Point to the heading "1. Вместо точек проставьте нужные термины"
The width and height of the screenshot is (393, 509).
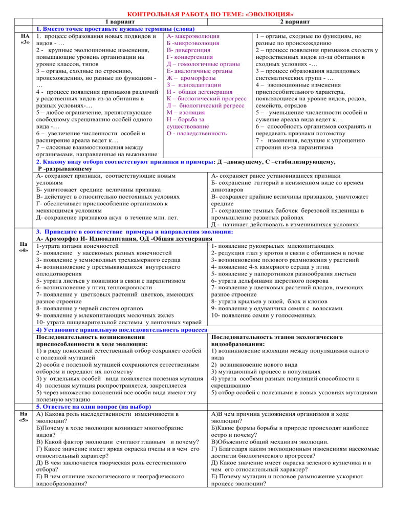pyautogui.click(x=104, y=29)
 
